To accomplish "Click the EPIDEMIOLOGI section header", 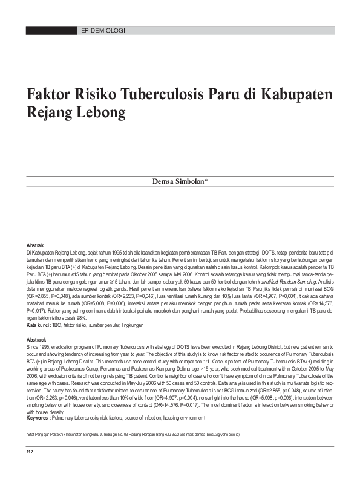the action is coord(102,30).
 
